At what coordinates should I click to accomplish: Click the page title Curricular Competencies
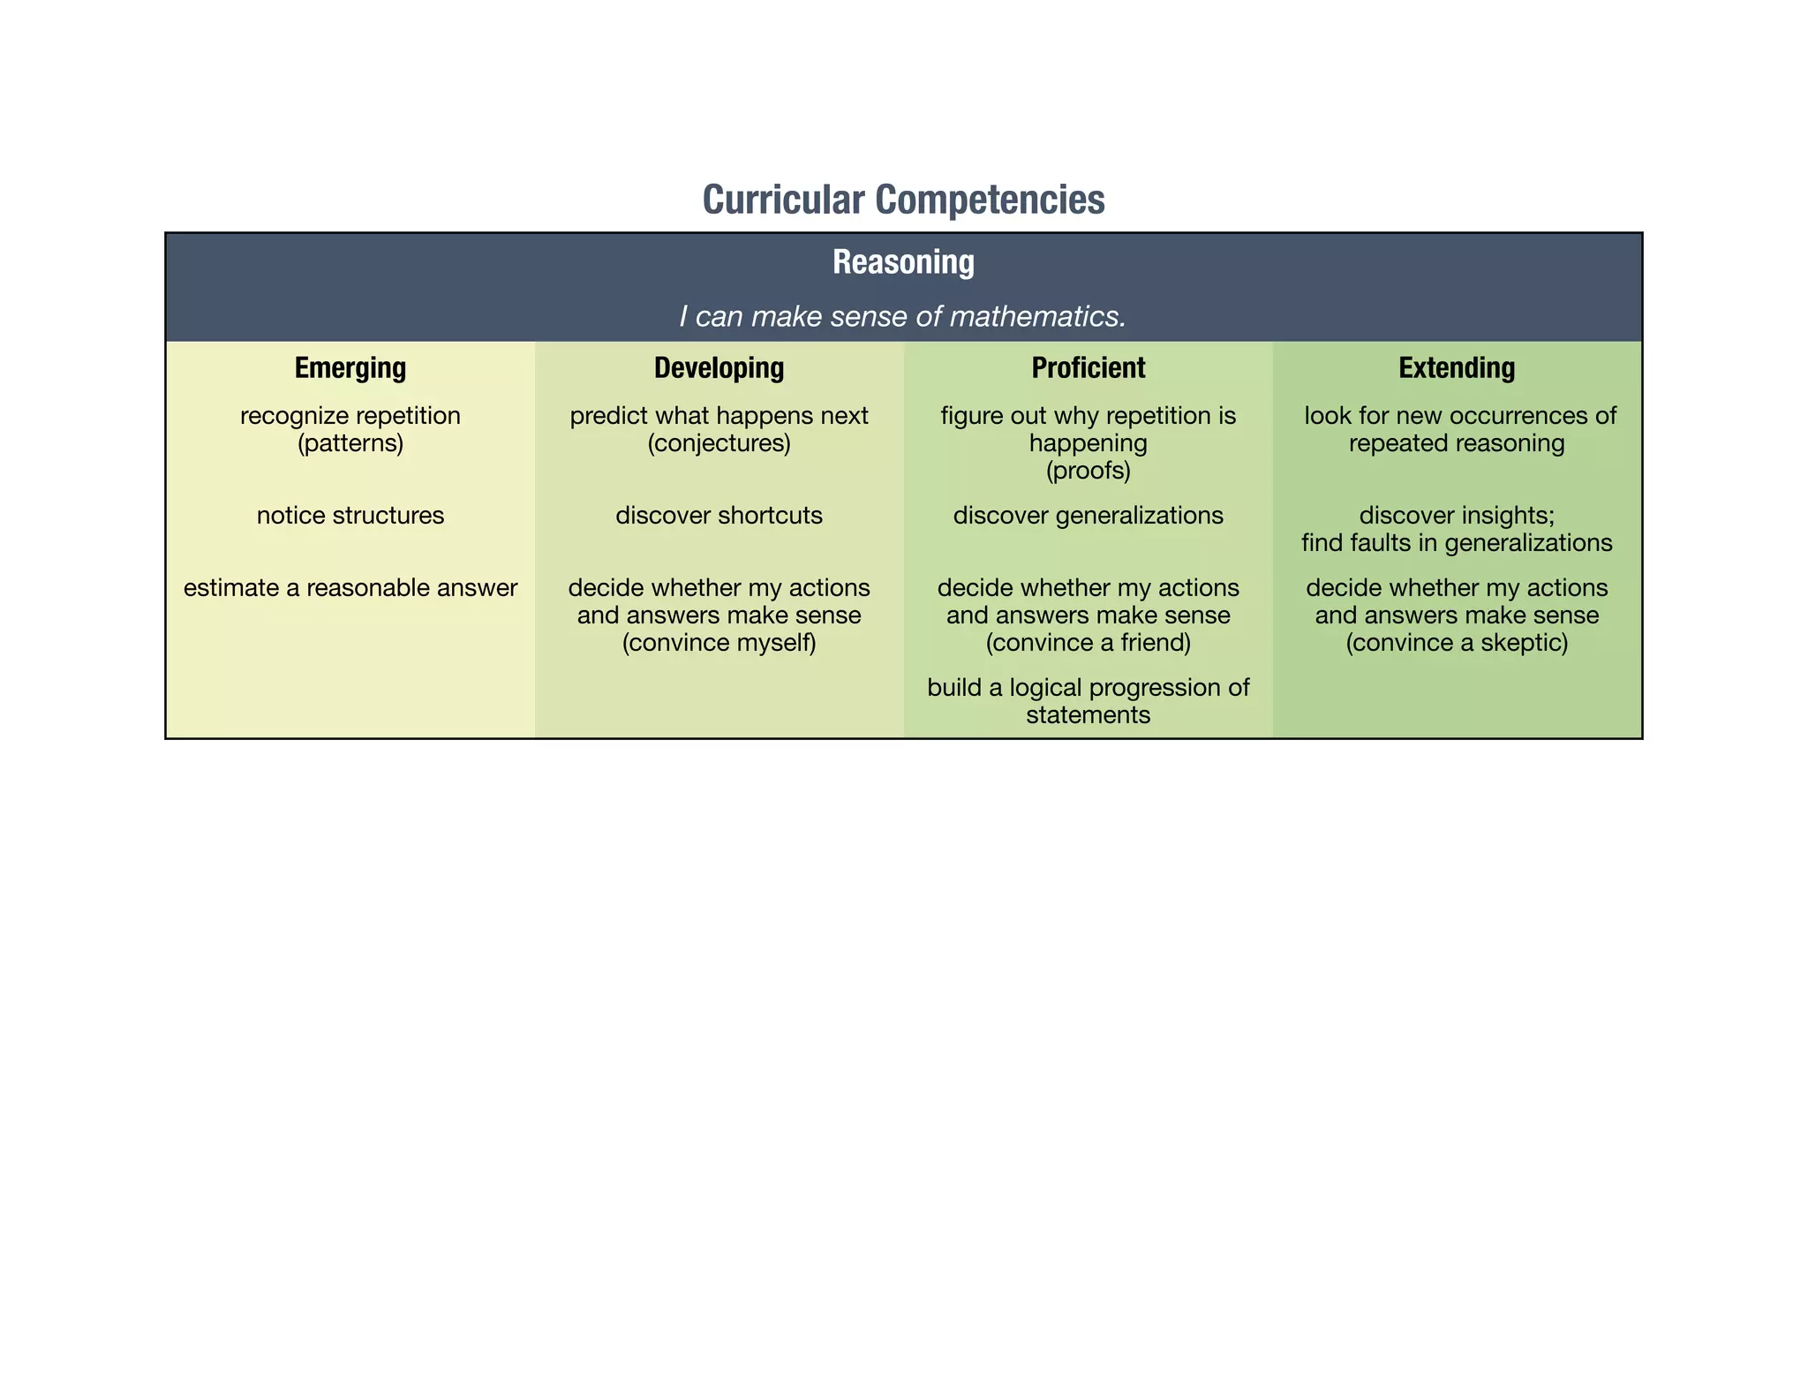point(903,200)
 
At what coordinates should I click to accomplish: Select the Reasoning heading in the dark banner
point(903,262)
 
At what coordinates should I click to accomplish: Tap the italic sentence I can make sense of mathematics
point(903,316)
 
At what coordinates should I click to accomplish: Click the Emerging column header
point(350,367)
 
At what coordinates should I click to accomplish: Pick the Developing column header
point(719,367)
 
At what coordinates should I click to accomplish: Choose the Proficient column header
point(1088,367)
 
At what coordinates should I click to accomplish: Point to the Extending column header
point(1457,367)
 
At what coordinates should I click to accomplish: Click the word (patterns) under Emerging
point(350,442)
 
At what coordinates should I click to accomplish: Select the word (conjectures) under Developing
point(719,442)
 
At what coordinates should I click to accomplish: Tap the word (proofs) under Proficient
point(1088,471)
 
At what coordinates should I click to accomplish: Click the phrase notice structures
point(350,515)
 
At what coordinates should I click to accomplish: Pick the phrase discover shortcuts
point(719,515)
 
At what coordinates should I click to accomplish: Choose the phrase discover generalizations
point(1088,515)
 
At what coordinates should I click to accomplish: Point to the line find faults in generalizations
point(1457,542)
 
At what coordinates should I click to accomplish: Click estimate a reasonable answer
point(350,587)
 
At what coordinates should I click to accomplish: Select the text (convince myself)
point(719,642)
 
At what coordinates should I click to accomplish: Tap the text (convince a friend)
point(1088,642)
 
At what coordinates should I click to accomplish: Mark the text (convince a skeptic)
point(1457,642)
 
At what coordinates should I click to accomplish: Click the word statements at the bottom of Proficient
point(1088,714)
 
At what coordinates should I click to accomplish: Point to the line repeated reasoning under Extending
point(1457,442)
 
